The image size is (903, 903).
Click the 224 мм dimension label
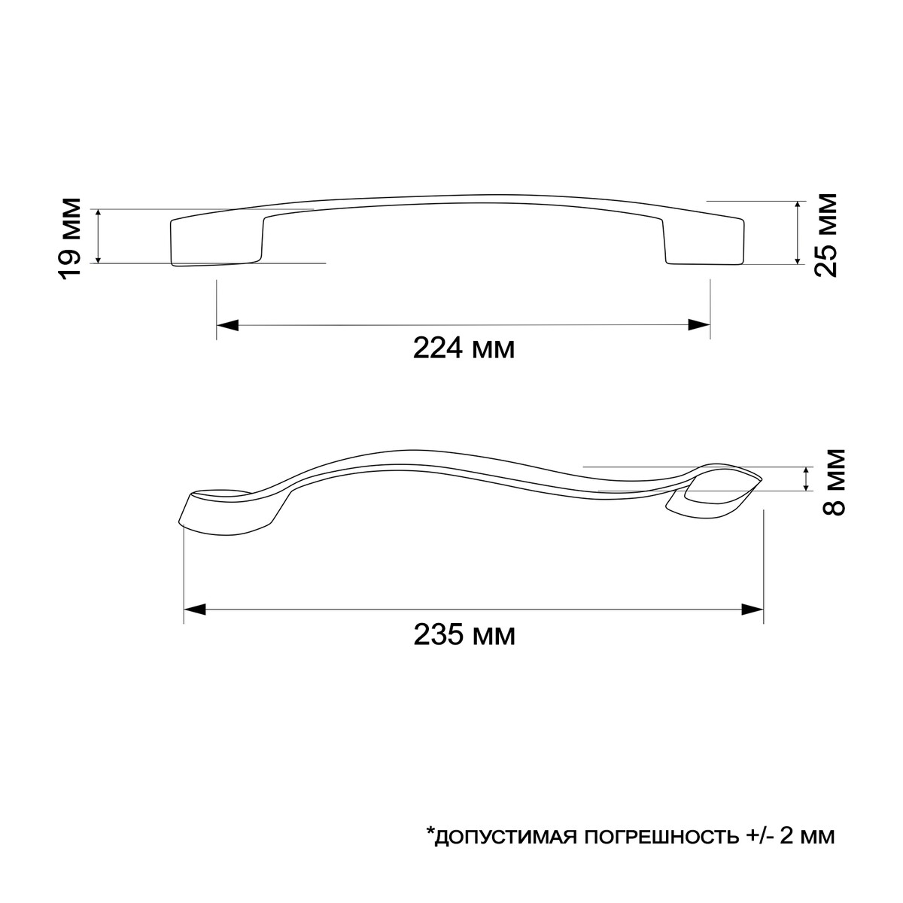tap(464, 348)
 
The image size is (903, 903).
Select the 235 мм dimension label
tap(464, 636)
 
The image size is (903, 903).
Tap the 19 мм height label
tap(70, 238)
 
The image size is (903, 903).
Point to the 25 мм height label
tap(825, 236)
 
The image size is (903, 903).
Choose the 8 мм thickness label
tap(834, 482)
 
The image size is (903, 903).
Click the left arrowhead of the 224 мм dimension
tap(228, 325)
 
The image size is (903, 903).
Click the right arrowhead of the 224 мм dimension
tap(698, 325)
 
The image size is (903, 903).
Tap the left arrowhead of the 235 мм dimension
tap(195, 610)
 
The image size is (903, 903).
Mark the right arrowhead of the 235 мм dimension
tap(752, 610)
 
